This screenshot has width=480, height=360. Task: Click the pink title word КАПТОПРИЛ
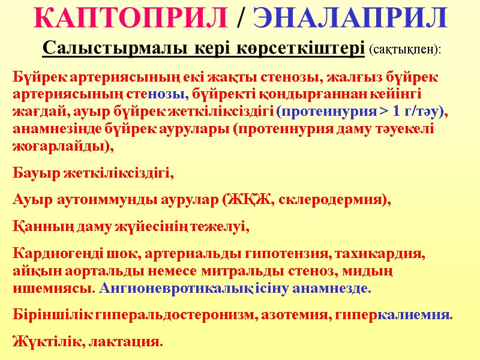tap(131, 18)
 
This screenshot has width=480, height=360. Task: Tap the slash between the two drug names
tap(240, 18)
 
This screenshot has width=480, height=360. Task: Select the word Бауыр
tap(35, 174)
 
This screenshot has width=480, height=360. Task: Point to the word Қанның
tap(37, 227)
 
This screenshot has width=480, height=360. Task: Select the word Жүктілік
tap(47, 342)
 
